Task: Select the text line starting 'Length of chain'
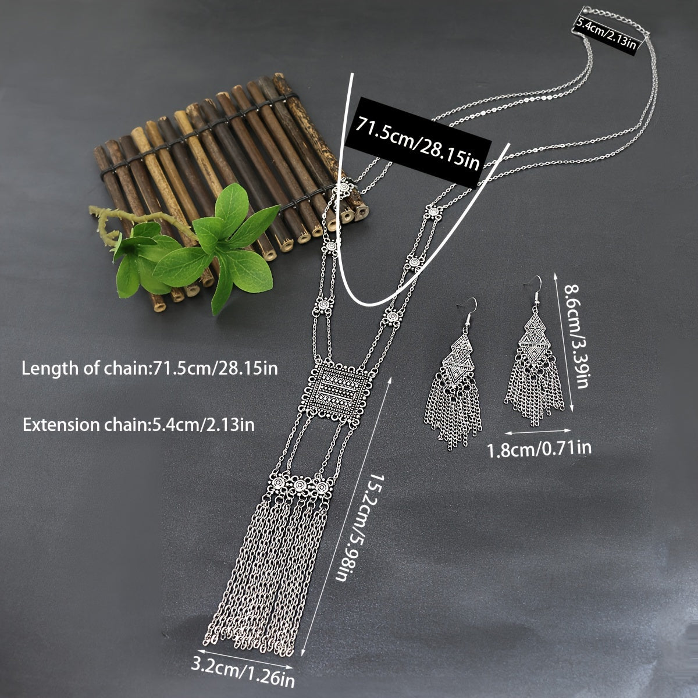[x=149, y=368]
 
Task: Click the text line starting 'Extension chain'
[x=138, y=425]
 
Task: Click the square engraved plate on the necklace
[x=334, y=393]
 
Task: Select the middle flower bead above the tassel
[x=300, y=485]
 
